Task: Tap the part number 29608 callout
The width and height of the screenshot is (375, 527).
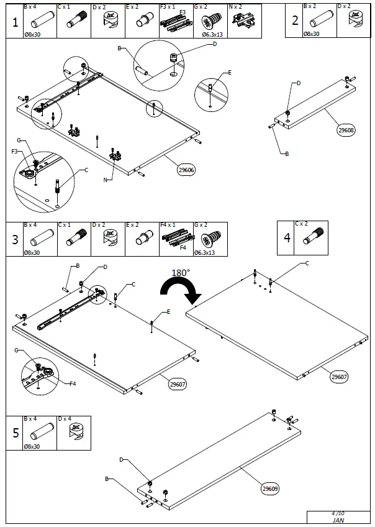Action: pos(346,131)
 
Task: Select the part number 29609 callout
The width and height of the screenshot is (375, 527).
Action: pos(270,488)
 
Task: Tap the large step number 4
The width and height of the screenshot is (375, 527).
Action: pos(286,237)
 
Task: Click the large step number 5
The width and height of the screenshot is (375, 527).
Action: pos(14,433)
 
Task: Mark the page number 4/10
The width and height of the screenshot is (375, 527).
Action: pos(339,513)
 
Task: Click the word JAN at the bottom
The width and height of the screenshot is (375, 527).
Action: pos(339,521)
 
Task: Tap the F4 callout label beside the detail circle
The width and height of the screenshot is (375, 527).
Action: pos(73,383)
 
